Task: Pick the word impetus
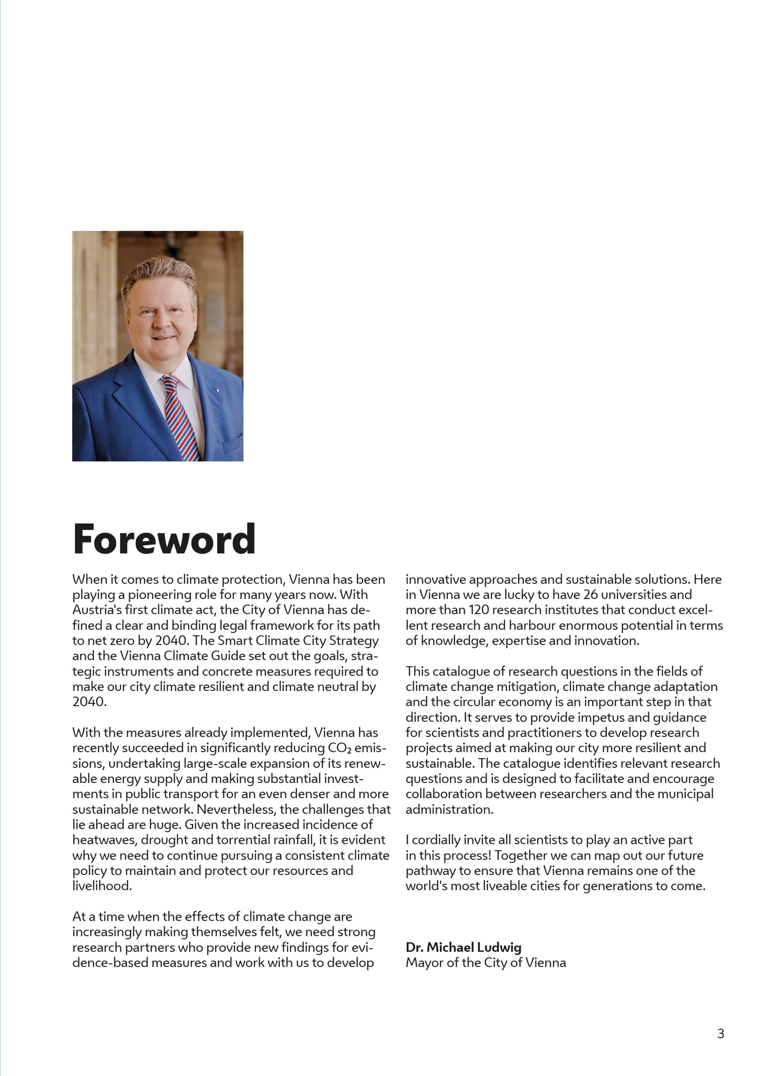point(603,718)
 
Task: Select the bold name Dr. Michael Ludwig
point(463,948)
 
